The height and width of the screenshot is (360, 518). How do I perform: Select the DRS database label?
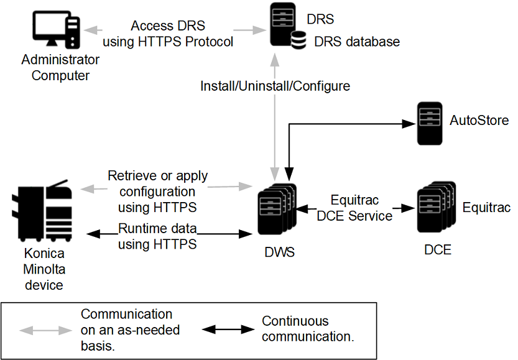click(x=356, y=42)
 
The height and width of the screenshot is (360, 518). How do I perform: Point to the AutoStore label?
click(x=479, y=120)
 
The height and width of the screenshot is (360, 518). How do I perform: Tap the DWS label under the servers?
click(x=279, y=252)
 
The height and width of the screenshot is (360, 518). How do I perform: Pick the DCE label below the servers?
click(x=438, y=251)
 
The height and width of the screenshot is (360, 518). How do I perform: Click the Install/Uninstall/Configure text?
click(x=275, y=86)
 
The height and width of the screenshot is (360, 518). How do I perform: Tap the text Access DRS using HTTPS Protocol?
click(x=168, y=34)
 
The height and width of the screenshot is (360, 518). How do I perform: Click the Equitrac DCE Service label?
click(x=354, y=208)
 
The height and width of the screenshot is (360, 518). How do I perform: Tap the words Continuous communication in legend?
click(x=308, y=329)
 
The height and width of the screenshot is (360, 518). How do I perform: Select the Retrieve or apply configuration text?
click(x=157, y=191)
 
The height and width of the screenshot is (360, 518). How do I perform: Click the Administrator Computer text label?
click(x=60, y=68)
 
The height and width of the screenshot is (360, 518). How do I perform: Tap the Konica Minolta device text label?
click(x=44, y=270)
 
